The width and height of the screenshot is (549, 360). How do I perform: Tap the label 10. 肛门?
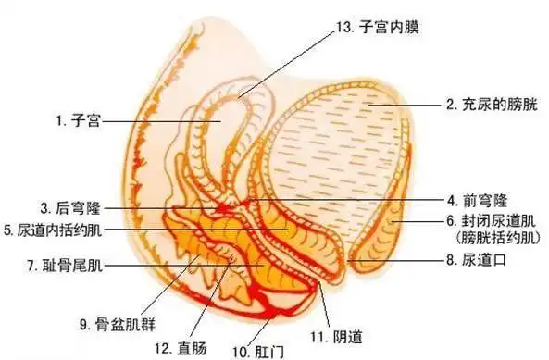click(x=255, y=351)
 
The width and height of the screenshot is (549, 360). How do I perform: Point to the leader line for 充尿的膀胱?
click(x=407, y=106)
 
